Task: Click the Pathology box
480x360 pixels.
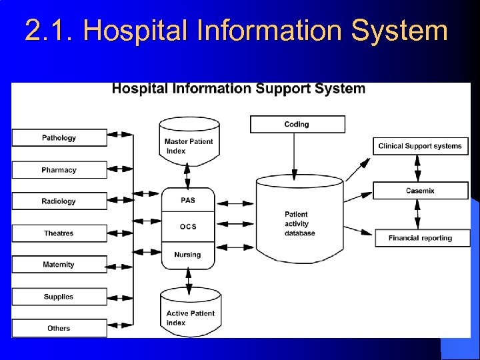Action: [59, 138]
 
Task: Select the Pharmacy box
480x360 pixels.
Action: [59, 170]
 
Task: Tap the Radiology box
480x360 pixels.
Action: [59, 201]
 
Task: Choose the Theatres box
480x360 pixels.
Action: [59, 233]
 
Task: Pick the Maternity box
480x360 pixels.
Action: [59, 265]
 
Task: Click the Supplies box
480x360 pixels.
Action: [59, 297]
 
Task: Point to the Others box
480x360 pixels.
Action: [59, 328]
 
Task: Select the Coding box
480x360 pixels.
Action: [297, 124]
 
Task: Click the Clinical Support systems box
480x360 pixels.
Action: [420, 146]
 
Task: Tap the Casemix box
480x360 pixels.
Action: [420, 191]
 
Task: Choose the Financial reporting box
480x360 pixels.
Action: [420, 238]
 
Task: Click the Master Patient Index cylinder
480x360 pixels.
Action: [189, 143]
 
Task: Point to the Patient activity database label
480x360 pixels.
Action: [299, 224]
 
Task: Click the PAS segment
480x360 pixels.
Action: [188, 200]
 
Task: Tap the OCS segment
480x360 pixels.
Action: [188, 227]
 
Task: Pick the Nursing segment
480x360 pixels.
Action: [187, 255]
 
